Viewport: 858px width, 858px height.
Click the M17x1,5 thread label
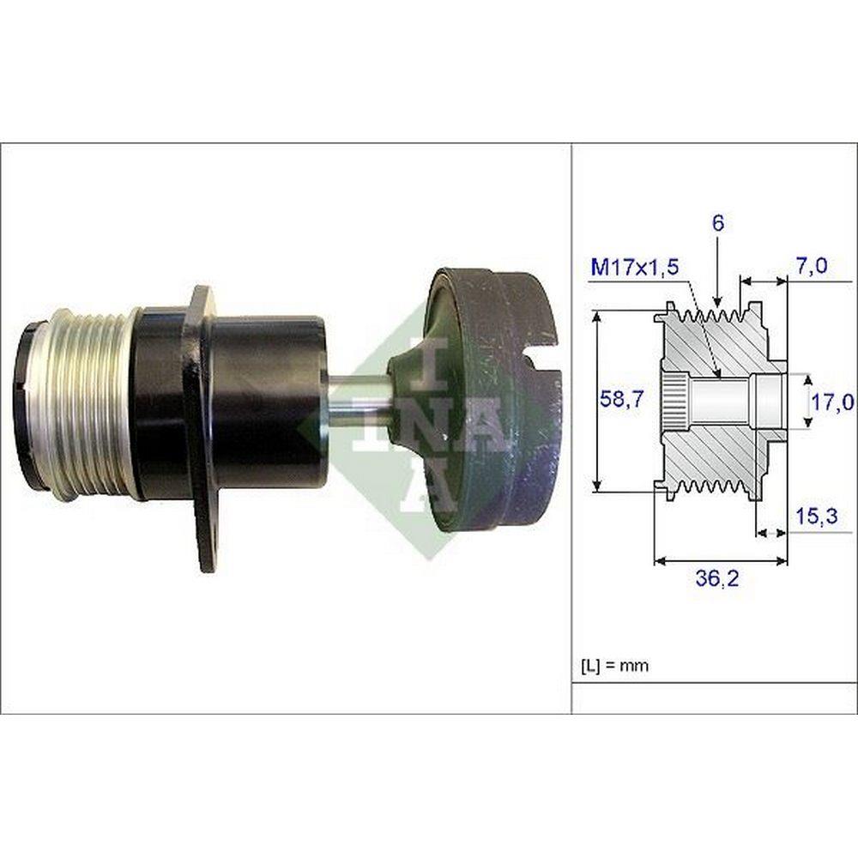click(x=635, y=267)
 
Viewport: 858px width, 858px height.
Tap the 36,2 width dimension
click(x=716, y=578)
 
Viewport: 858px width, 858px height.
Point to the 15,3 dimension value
click(x=817, y=516)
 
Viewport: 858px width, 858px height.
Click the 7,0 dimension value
click(x=813, y=266)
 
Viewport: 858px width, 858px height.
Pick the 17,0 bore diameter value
click(x=831, y=402)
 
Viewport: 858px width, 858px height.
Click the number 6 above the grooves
click(x=718, y=223)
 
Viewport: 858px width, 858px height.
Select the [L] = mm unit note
click(x=614, y=666)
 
